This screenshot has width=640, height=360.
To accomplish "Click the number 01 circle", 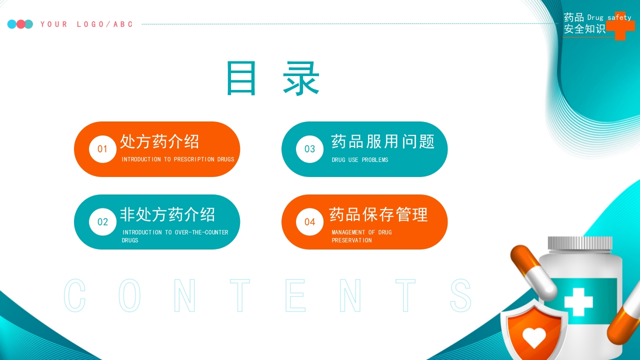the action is pos(102,149).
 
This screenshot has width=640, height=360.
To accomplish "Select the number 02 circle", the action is pos(102,222).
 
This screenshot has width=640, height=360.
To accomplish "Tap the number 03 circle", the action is pos(309,149).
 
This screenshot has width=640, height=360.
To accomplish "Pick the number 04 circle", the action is pos(309,222).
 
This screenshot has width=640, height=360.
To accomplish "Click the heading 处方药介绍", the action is pos(159,141).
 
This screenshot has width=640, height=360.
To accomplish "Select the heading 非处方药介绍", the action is pos(167,214).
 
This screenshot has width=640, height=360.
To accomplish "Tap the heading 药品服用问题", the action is pos(383,141).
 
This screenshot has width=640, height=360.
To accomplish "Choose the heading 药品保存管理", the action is pos(378,214).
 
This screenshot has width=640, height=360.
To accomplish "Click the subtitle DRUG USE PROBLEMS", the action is pos(360,159).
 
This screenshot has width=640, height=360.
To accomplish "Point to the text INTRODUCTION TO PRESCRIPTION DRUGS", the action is pos(177,159).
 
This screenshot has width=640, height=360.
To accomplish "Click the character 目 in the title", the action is pos(241,78).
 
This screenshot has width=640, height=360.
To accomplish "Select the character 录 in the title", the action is pos(301,78).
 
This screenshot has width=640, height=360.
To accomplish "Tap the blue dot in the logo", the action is pos(12,24).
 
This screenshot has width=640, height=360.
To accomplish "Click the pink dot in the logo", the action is pos(20,24).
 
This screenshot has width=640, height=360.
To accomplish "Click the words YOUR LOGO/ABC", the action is pos(86,24).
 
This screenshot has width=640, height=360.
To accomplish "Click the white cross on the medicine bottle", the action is pos(578,302).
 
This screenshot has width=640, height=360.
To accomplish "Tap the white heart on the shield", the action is pos(534,337).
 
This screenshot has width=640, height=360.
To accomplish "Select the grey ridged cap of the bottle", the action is pos(580,243).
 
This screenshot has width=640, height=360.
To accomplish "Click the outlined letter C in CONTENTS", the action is pos(75,295).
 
